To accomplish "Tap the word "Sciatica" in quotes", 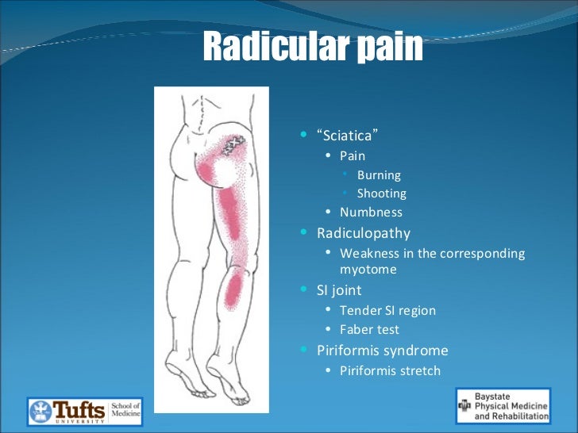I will click(x=344, y=136).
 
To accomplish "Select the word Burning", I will click(x=379, y=174).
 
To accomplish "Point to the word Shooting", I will click(x=381, y=194).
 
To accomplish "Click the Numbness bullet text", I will click(x=371, y=213).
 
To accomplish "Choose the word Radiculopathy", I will click(x=364, y=233).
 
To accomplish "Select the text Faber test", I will click(x=369, y=329).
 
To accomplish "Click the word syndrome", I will click(x=415, y=350).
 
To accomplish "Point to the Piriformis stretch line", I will click(x=390, y=370).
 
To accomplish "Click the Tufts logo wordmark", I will click(x=78, y=410).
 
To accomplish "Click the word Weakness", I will click(x=368, y=254).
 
